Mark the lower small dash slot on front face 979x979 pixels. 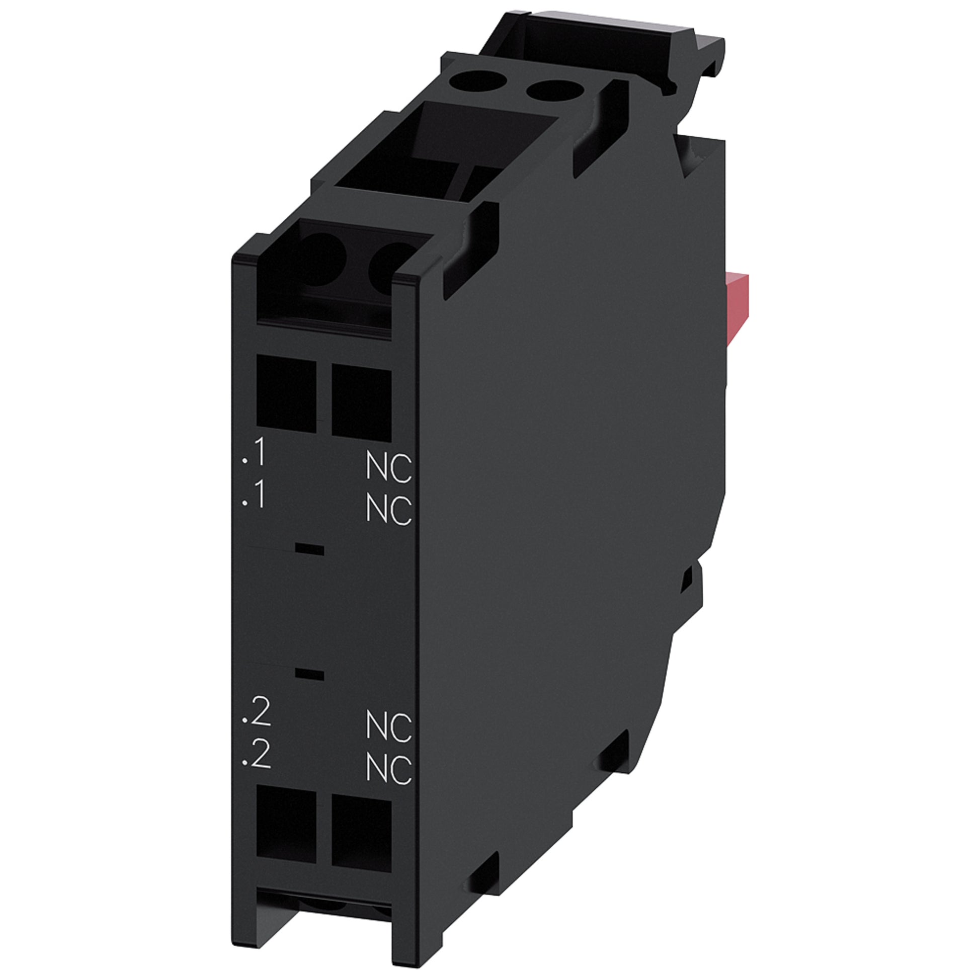pyautogui.click(x=309, y=675)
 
